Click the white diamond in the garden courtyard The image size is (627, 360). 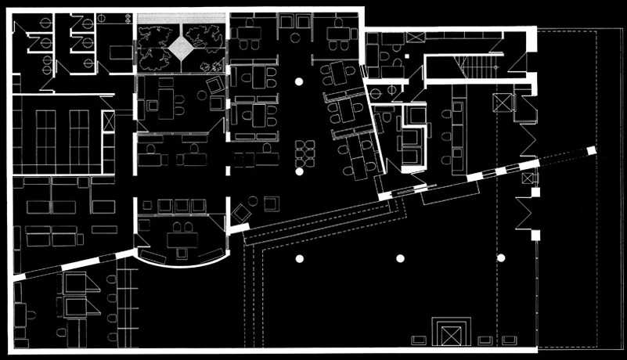point(182,49)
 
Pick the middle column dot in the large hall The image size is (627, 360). point(400,258)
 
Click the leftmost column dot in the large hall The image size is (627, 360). point(299,258)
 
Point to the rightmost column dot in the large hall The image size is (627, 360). point(501,258)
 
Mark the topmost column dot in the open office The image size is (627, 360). point(298,81)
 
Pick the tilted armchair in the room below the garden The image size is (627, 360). point(214,84)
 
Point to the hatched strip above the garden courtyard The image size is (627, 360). point(182,18)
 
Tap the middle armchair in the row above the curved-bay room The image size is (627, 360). point(180,206)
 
